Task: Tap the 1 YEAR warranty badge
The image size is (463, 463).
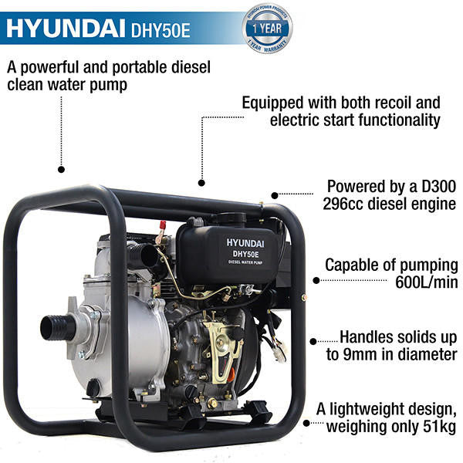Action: click(x=268, y=29)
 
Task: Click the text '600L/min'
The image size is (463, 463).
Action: click(x=428, y=283)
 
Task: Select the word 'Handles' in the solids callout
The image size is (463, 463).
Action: click(x=369, y=337)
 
